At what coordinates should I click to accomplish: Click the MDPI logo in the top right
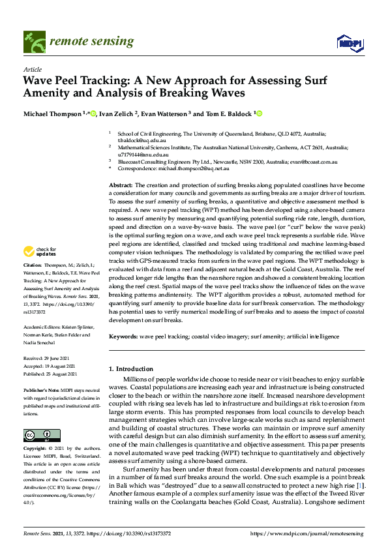[349, 43]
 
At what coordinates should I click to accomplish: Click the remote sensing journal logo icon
[33, 42]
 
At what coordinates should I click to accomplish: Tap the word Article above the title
[32, 69]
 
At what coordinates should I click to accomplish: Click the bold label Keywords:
[123, 336]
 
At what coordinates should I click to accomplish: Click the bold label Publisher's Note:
[41, 389]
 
